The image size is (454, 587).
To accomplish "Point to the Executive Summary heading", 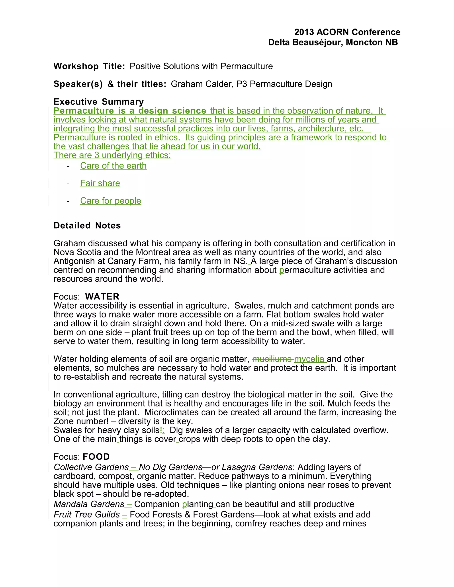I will (x=98, y=102).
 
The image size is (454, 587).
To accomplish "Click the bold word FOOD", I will (x=96, y=457).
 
